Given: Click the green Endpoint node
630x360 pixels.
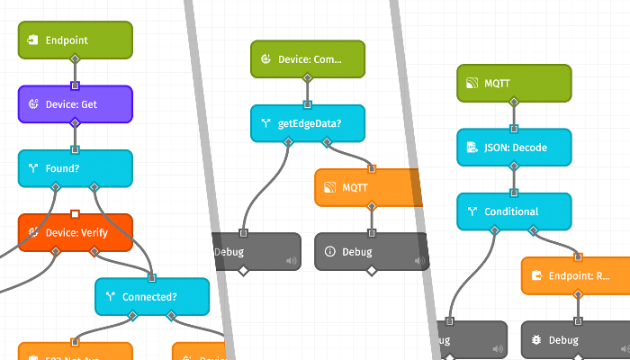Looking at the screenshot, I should [x=76, y=40].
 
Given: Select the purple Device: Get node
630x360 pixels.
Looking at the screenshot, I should [x=76, y=104].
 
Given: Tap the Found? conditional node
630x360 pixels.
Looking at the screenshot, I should [x=76, y=168].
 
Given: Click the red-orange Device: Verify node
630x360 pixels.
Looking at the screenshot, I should [x=76, y=232].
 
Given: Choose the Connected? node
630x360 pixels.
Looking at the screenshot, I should [x=152, y=296].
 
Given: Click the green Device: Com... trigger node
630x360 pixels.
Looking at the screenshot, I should [x=308, y=58].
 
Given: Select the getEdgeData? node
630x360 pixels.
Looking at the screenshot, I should [x=308, y=123].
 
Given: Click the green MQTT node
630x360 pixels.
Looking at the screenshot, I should [x=514, y=83].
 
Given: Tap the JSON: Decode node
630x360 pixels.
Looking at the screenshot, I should [x=514, y=147].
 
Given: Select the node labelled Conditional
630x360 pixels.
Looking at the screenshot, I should [x=514, y=211].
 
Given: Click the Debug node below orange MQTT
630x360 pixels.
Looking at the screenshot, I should [x=371, y=251].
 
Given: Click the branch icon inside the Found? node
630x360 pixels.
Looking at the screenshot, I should [x=32, y=168].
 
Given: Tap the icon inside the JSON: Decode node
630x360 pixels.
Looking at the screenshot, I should [x=471, y=147].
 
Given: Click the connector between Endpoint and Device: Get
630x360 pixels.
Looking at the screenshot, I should [x=76, y=73].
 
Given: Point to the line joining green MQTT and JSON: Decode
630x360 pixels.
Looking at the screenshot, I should [x=514, y=115].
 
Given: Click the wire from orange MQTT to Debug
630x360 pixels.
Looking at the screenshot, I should [x=371, y=220].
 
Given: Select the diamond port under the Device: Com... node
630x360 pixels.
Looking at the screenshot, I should [x=308, y=77].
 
